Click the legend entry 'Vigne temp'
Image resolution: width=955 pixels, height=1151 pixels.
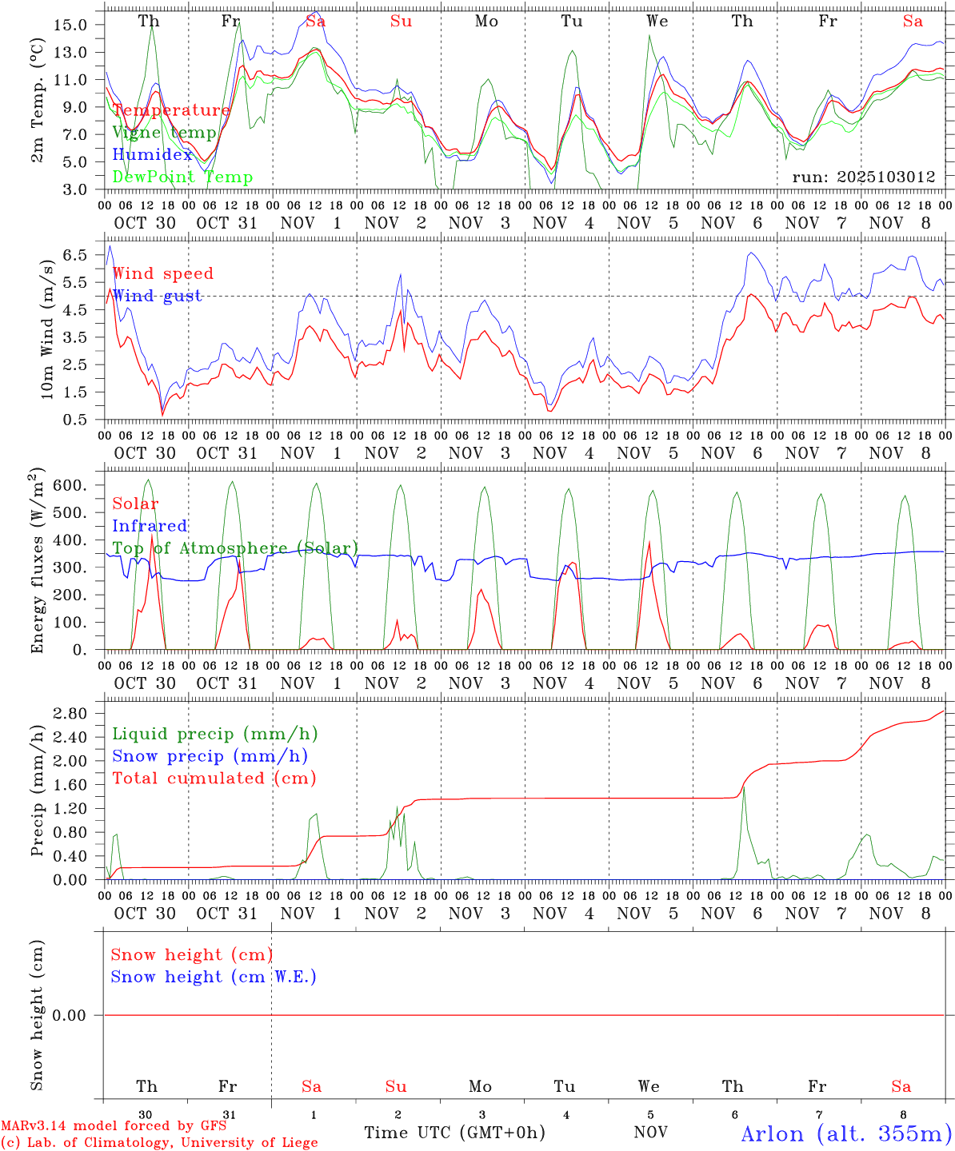pyautogui.click(x=164, y=133)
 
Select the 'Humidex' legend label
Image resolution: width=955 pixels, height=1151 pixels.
pyautogui.click(x=153, y=154)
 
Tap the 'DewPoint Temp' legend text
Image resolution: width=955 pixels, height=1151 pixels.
pyautogui.click(x=182, y=177)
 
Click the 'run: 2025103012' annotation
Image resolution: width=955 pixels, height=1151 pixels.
pyautogui.click(x=864, y=177)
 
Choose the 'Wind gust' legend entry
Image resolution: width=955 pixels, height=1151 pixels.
pyautogui.click(x=157, y=296)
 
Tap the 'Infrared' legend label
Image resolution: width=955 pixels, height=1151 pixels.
pyautogui.click(x=150, y=525)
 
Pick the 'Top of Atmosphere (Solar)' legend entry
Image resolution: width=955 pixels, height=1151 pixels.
pyautogui.click(x=235, y=548)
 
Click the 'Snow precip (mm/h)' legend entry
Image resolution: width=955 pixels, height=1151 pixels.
pyautogui.click(x=210, y=755)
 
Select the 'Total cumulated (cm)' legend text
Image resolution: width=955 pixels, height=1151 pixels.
pyautogui.click(x=214, y=778)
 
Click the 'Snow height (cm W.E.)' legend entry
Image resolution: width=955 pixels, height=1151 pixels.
pyautogui.click(x=214, y=977)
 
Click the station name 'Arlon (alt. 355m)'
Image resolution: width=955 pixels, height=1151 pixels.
pyautogui.click(x=846, y=1133)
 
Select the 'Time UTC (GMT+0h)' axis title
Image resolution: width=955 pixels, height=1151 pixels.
pyautogui.click(x=454, y=1133)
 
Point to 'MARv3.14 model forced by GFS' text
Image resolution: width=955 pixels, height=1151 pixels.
pyautogui.click(x=113, y=1125)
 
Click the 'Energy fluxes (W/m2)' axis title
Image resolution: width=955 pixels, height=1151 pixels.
pyautogui.click(x=38, y=563)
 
